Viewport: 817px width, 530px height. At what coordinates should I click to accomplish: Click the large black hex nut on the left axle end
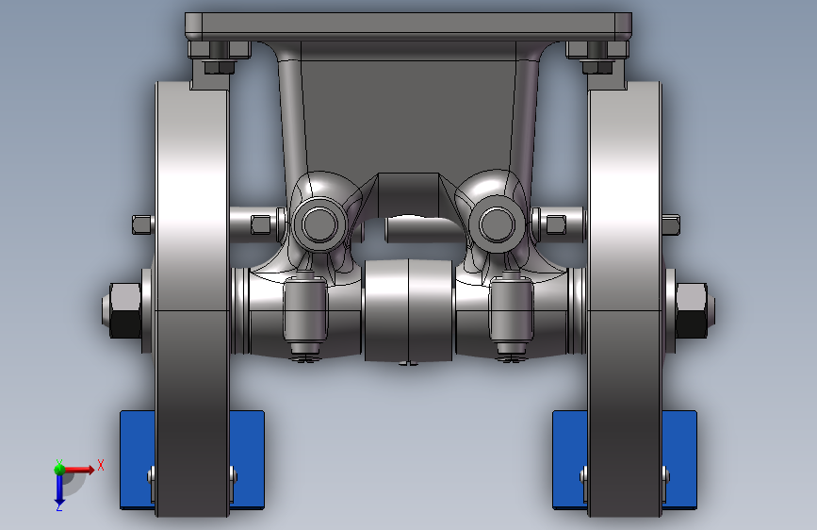(123, 309)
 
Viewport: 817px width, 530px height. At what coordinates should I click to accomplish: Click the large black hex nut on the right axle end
(693, 309)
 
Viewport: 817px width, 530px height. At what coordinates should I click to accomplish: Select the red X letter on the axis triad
(100, 465)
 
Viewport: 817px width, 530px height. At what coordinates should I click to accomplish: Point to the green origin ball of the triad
(59, 468)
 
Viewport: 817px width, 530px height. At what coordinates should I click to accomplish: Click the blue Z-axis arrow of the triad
(58, 487)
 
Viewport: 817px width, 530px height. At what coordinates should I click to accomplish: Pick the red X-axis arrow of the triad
(79, 468)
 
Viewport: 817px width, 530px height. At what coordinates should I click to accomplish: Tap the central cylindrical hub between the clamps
(409, 311)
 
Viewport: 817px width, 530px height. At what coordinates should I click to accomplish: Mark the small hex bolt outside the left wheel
(141, 224)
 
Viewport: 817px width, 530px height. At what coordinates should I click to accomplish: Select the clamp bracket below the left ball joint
(305, 313)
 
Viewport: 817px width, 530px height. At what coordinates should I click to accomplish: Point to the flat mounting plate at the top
(407, 25)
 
